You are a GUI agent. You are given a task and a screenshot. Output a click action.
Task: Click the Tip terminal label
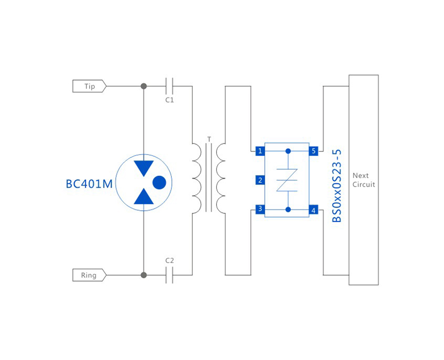click(x=89, y=86)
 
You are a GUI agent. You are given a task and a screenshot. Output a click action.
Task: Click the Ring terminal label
click(x=89, y=275)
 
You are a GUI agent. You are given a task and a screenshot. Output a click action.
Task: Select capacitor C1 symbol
click(x=170, y=86)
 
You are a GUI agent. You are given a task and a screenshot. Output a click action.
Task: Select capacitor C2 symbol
click(x=170, y=275)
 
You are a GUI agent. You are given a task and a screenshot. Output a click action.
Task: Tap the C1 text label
click(x=170, y=100)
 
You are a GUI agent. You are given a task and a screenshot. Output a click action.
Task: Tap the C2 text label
click(x=170, y=261)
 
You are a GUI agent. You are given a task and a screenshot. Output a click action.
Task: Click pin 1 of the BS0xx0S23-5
click(x=260, y=151)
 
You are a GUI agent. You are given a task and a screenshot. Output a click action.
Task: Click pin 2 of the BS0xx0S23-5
click(x=260, y=180)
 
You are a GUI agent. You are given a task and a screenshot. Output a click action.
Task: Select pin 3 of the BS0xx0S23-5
click(x=260, y=209)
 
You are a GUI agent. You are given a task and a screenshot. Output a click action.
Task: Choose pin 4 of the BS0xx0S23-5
click(x=314, y=211)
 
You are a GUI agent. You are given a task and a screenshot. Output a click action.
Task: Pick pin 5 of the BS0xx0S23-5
click(x=314, y=151)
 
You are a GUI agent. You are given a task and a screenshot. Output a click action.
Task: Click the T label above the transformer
click(x=209, y=139)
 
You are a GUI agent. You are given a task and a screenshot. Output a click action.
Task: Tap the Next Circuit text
click(x=363, y=180)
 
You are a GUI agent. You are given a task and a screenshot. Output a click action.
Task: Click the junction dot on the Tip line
click(x=144, y=86)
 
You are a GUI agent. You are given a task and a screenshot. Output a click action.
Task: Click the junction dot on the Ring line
click(x=144, y=275)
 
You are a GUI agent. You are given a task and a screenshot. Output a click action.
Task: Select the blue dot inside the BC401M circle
click(x=159, y=183)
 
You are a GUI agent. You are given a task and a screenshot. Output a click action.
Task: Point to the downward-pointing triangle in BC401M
click(x=144, y=167)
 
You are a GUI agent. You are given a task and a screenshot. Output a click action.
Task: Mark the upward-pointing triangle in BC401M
click(x=144, y=197)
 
